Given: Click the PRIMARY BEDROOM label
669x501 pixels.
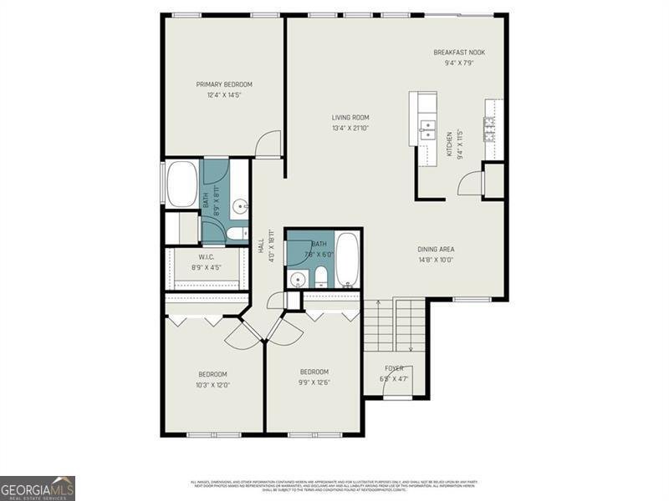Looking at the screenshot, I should pos(224,84).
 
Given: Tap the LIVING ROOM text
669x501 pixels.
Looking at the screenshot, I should pos(350,118).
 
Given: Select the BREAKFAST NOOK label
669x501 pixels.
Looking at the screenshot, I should pos(458,53).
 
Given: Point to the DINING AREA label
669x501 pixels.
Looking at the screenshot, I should pos(442,249).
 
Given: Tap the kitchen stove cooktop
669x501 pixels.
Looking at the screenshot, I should pos(488,129).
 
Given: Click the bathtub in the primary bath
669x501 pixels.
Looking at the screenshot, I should pos(181,185).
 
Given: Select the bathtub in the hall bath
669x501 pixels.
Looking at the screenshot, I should pos(348,260).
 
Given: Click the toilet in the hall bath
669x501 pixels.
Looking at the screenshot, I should pos(320,276).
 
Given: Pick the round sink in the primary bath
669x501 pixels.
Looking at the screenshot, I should pos(241,205).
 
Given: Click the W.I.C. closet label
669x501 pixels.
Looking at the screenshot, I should pos(207,257).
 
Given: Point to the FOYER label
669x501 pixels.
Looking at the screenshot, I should pos(394,368).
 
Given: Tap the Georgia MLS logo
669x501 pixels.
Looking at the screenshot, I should pos(38,488).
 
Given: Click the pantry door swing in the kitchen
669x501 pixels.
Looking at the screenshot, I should pos(471,182).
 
